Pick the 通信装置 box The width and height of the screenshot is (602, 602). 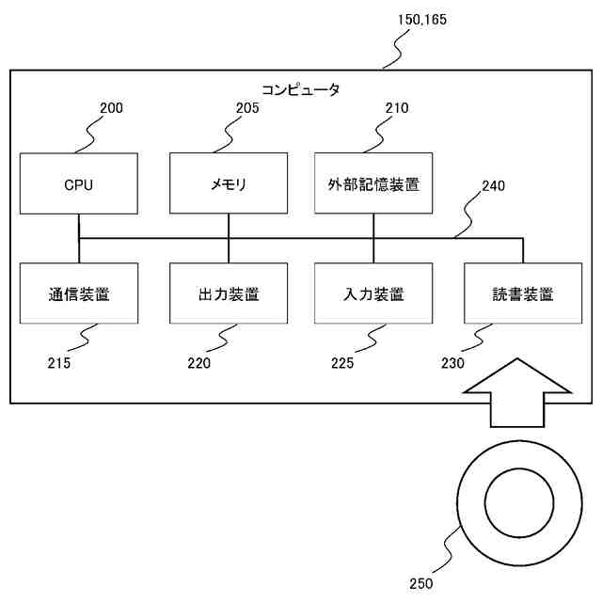click(x=78, y=293)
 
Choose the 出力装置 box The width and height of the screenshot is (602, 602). click(x=228, y=293)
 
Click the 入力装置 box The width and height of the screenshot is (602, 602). click(x=373, y=293)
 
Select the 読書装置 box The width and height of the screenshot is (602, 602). click(x=523, y=293)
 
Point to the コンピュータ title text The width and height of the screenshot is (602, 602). click(x=300, y=90)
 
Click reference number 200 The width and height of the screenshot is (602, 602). click(x=111, y=108)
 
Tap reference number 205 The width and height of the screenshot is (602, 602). click(x=247, y=108)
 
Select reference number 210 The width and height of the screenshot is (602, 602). click(x=397, y=108)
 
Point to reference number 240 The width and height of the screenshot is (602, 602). click(x=493, y=186)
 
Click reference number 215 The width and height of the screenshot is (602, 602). click(x=58, y=361)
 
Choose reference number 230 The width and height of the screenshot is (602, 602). click(x=452, y=361)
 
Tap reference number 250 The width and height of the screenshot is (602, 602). click(x=421, y=583)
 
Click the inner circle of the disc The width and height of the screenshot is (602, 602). click(x=517, y=499)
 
